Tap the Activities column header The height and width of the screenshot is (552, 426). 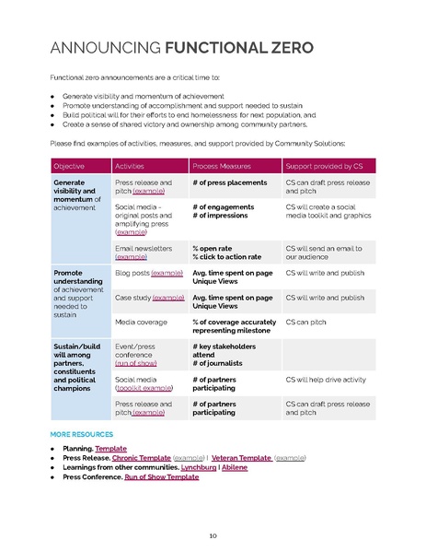[134, 166]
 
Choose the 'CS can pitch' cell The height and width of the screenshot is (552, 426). [309, 323]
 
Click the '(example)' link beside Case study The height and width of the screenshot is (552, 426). [168, 298]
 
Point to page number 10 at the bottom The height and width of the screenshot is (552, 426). [213, 534]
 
